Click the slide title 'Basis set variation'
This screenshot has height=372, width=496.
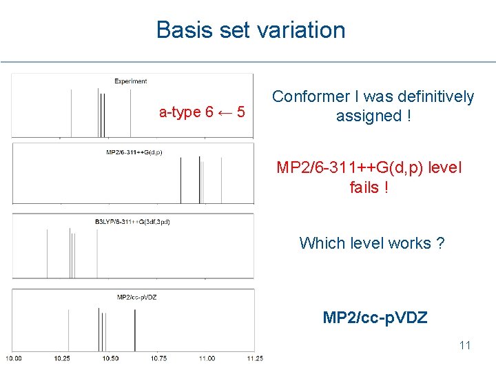coord(251,30)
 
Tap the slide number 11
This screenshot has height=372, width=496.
coord(464,345)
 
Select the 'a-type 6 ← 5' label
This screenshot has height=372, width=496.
coord(201,112)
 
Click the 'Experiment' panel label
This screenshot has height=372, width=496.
coord(130,81)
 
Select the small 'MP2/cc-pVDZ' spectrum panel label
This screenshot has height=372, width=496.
coord(136,297)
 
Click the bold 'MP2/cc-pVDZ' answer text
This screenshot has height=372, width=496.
coord(375,318)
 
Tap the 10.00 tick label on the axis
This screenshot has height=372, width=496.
coord(14,358)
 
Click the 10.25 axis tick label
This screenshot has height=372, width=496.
coord(62,358)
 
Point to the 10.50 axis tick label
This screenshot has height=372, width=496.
coord(110,358)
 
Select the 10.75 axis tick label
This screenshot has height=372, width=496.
coord(158,358)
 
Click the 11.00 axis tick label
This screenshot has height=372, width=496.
coord(207,358)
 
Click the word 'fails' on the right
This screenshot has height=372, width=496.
coord(364,187)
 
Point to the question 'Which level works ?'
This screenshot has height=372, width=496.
coord(371,243)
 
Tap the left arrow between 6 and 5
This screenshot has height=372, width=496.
coord(225,112)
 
